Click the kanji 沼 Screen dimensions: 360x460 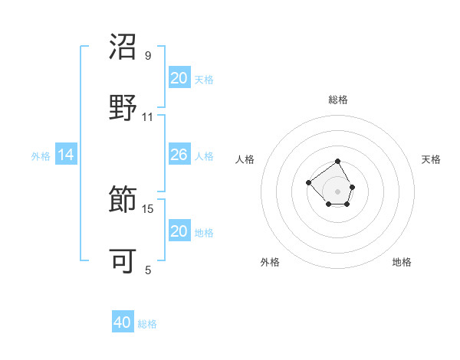(123, 47)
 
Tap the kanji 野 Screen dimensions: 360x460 (123, 107)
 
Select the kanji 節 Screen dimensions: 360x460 (123, 200)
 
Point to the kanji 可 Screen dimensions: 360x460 (123, 260)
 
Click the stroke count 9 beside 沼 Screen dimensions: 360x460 (148, 56)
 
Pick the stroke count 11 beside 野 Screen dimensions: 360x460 (148, 117)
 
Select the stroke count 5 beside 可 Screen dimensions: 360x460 (148, 270)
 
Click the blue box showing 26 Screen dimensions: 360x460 (179, 155)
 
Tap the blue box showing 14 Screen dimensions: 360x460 (66, 155)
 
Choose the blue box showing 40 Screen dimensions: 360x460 (123, 322)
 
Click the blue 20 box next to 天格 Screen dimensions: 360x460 (179, 78)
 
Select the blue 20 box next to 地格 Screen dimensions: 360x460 (179, 231)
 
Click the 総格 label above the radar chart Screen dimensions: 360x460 (338, 100)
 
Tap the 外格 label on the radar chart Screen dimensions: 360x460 (270, 262)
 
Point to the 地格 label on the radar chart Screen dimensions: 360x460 (402, 262)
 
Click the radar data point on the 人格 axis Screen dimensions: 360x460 (308, 182)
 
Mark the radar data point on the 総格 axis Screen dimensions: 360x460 (338, 162)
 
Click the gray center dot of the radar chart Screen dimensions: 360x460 (338, 191)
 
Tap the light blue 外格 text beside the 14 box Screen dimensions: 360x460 (41, 155)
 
